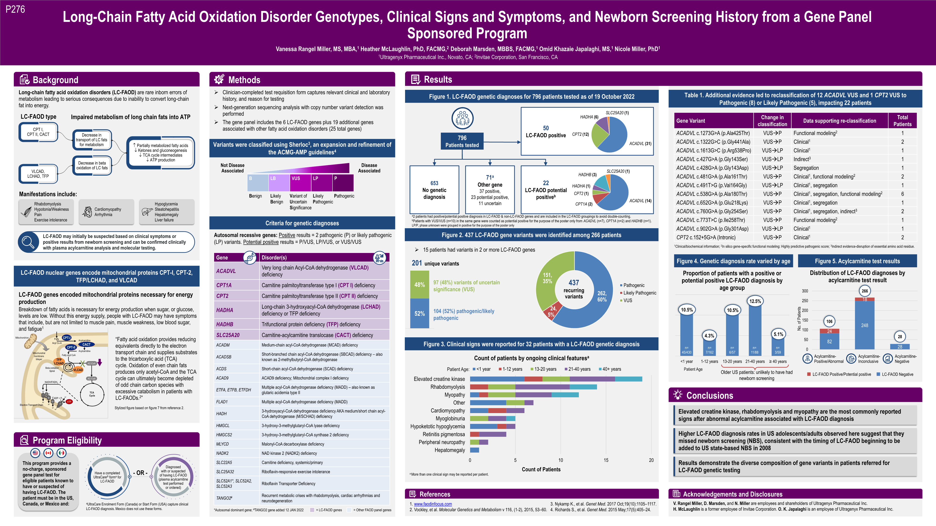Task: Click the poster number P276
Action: click(15, 10)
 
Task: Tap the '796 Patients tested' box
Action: click(462, 141)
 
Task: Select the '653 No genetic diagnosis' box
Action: click(434, 190)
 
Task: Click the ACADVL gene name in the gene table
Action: click(226, 271)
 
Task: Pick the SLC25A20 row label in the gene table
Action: click(228, 335)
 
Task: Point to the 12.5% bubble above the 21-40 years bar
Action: click(755, 301)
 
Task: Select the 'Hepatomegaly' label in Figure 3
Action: click(449, 450)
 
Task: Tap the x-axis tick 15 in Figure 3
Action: click(606, 460)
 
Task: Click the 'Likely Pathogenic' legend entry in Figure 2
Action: click(639, 293)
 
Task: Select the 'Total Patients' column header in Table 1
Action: click(902, 121)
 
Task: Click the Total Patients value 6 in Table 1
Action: click(902, 194)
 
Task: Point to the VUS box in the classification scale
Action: click(300, 182)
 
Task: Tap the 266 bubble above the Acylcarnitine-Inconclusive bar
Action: click(865, 291)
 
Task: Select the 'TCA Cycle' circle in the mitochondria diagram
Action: click(92, 394)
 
